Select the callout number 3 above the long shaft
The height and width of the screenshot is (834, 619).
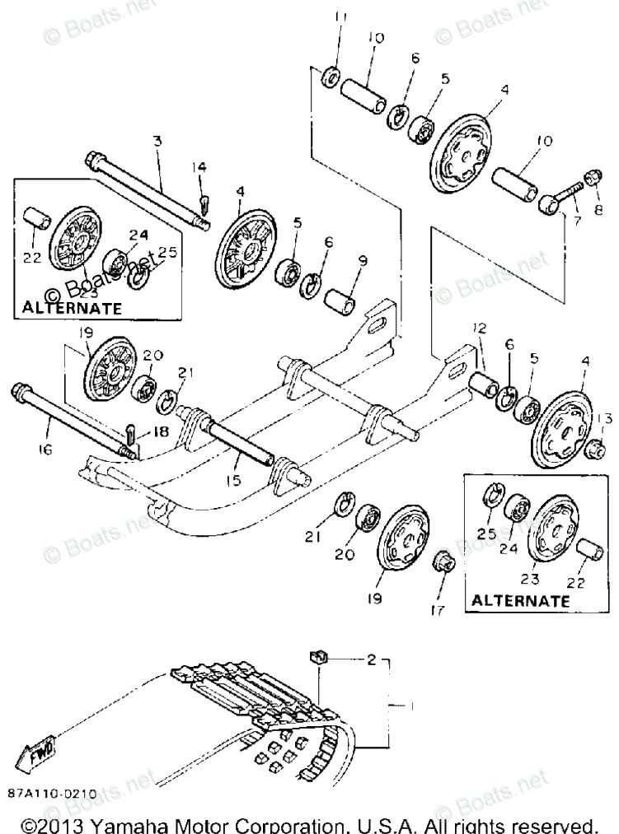[157, 142]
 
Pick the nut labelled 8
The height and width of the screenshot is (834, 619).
[592, 177]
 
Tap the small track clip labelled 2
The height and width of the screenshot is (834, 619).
[317, 656]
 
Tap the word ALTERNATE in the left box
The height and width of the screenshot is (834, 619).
[72, 308]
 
